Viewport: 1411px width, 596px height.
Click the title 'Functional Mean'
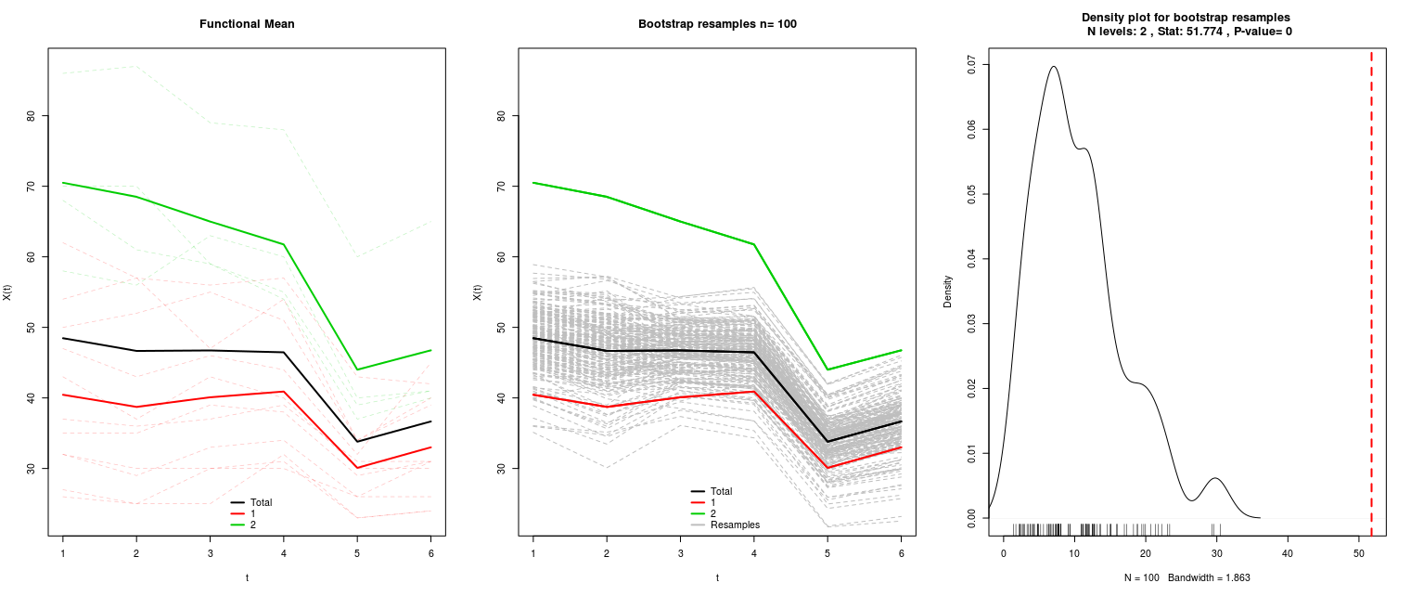pos(247,24)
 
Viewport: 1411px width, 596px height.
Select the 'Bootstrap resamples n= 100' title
pos(717,24)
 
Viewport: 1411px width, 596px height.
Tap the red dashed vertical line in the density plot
pos(1371,292)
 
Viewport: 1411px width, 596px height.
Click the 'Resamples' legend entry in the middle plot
pos(725,525)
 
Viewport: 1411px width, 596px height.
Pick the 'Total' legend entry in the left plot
pos(251,502)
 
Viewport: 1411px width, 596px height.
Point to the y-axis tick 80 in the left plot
pos(32,116)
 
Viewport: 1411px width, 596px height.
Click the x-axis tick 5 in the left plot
pos(357,553)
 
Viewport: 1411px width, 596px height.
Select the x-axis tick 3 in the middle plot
pos(680,553)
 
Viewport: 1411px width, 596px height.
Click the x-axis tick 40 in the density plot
pos(1288,553)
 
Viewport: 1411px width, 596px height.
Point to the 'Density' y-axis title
pos(947,292)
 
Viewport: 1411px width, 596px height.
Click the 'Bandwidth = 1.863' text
pos(1209,577)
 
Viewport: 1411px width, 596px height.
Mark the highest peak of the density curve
pos(1053,66)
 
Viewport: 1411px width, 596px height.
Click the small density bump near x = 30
pos(1215,478)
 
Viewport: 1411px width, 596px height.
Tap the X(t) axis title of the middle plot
pos(478,292)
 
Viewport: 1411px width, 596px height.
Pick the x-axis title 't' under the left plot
pos(247,577)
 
